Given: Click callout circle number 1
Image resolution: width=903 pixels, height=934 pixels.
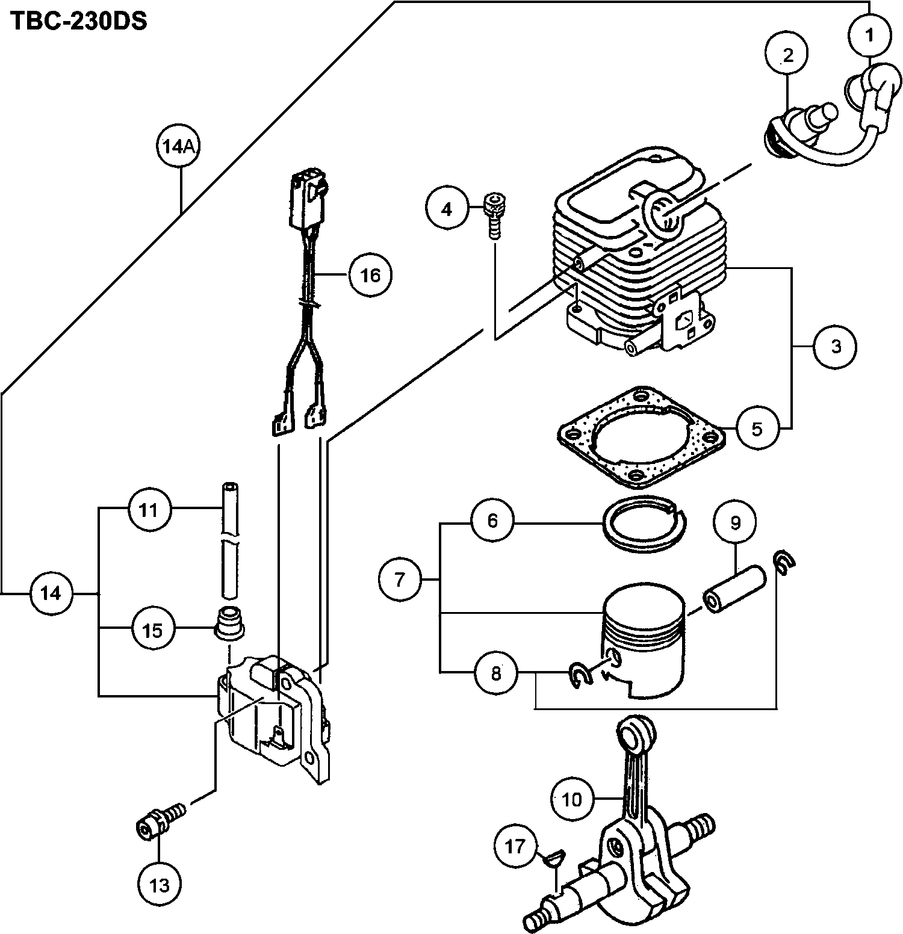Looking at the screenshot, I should click(869, 36).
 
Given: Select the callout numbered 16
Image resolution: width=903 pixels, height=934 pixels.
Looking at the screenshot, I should click(370, 275).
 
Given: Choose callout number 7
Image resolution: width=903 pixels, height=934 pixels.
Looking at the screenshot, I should click(400, 579).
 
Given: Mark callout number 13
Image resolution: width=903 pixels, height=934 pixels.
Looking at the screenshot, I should click(160, 885).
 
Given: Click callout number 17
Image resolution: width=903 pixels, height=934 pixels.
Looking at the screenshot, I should click(516, 847).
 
